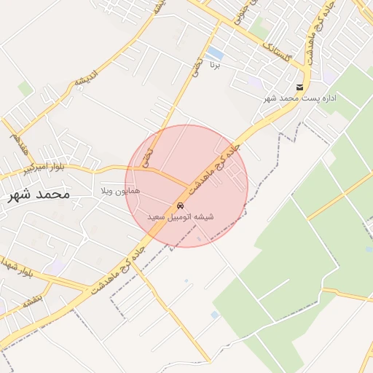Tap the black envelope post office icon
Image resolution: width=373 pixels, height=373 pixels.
click(299, 87)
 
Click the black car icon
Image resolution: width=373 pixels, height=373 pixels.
click(180, 205)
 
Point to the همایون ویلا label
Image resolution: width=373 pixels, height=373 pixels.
click(121, 190)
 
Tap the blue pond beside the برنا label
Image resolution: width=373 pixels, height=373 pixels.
click(214, 53)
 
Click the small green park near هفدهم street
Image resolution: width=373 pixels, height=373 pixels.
click(25, 89)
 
